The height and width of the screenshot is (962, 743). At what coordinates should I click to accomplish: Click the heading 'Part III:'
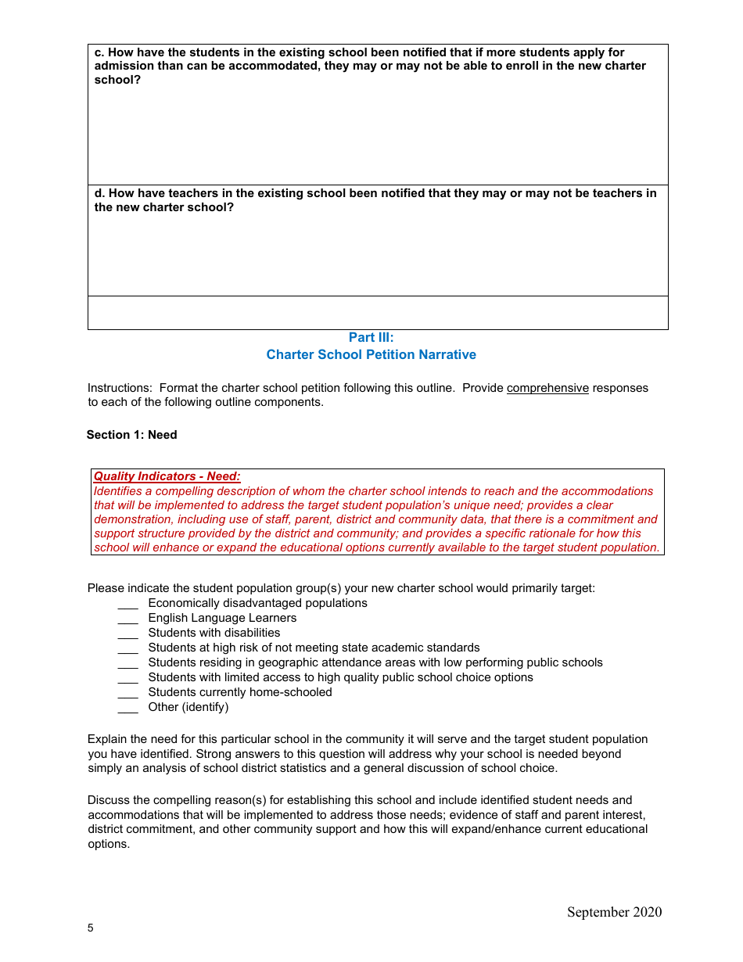coord(371,338)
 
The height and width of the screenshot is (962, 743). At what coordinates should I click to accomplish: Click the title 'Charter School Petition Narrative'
coord(371,355)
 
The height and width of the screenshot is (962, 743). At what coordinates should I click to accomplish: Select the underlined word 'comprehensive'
coord(547,388)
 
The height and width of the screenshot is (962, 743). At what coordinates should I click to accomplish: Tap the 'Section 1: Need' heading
coord(131,435)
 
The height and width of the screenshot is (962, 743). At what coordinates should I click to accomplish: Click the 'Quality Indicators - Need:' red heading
coord(167,476)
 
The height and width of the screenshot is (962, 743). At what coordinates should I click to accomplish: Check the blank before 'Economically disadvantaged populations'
coord(127,605)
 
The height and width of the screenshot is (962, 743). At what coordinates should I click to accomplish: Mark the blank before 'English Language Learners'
coord(127,619)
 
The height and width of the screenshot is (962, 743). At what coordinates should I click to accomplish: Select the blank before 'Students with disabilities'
coord(127,634)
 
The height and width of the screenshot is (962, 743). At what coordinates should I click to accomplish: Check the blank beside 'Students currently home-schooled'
coord(127,694)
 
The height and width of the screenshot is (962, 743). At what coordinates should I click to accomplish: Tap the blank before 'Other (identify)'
coord(127,709)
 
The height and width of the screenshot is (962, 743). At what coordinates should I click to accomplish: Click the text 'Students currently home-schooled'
coord(240,692)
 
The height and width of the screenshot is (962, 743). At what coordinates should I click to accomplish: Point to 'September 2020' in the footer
coord(614,912)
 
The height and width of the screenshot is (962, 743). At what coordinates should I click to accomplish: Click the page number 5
coord(91,928)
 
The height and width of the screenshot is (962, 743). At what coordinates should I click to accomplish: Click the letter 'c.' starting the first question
coord(99,52)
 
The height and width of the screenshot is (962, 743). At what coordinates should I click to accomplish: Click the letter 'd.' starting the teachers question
coord(99,193)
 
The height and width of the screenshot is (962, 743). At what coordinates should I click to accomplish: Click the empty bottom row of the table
coord(378,313)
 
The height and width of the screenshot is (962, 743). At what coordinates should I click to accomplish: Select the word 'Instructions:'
coord(120,388)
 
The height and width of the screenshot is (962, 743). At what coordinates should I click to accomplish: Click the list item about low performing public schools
coord(375,662)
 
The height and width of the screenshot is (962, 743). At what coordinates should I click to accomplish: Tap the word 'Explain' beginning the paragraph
coord(107,739)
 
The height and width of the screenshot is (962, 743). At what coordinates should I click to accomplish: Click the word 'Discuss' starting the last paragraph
coord(109,800)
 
